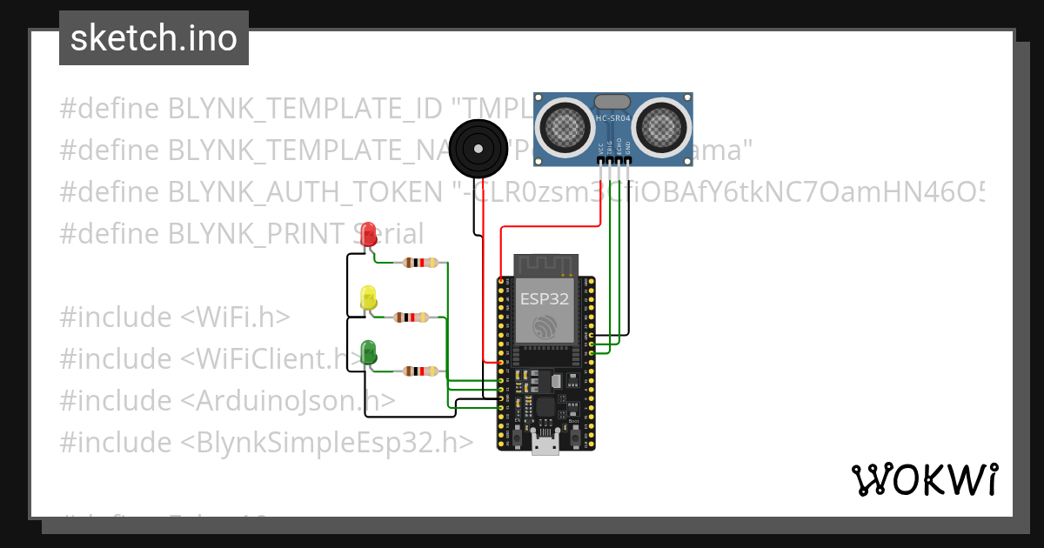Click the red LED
369,233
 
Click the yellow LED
368,297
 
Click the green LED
368,352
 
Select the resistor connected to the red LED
421,263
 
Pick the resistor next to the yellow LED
411,317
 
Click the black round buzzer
478,145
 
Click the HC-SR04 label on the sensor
613,118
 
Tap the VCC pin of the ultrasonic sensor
600,158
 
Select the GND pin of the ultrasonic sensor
628,158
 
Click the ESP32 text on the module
545,299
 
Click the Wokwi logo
924,479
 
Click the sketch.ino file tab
154,38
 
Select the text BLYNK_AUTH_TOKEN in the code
304,191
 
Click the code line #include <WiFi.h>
175,317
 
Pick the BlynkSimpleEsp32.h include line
266,442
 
